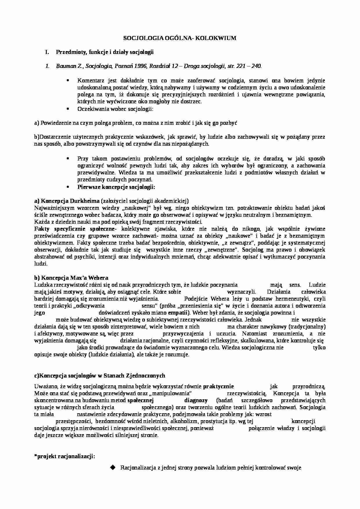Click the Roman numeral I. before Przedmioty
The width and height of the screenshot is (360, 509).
(46, 52)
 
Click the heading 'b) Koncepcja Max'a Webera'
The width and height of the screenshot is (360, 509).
(71, 278)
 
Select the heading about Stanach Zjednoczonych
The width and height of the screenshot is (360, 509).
(100, 376)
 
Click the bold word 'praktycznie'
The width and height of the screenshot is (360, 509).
(218, 387)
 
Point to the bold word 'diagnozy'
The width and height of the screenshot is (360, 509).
(196, 400)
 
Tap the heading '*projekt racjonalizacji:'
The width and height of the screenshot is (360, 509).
(64, 456)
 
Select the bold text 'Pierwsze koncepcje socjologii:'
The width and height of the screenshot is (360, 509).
(116, 187)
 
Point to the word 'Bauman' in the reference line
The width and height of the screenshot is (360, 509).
(64, 66)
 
